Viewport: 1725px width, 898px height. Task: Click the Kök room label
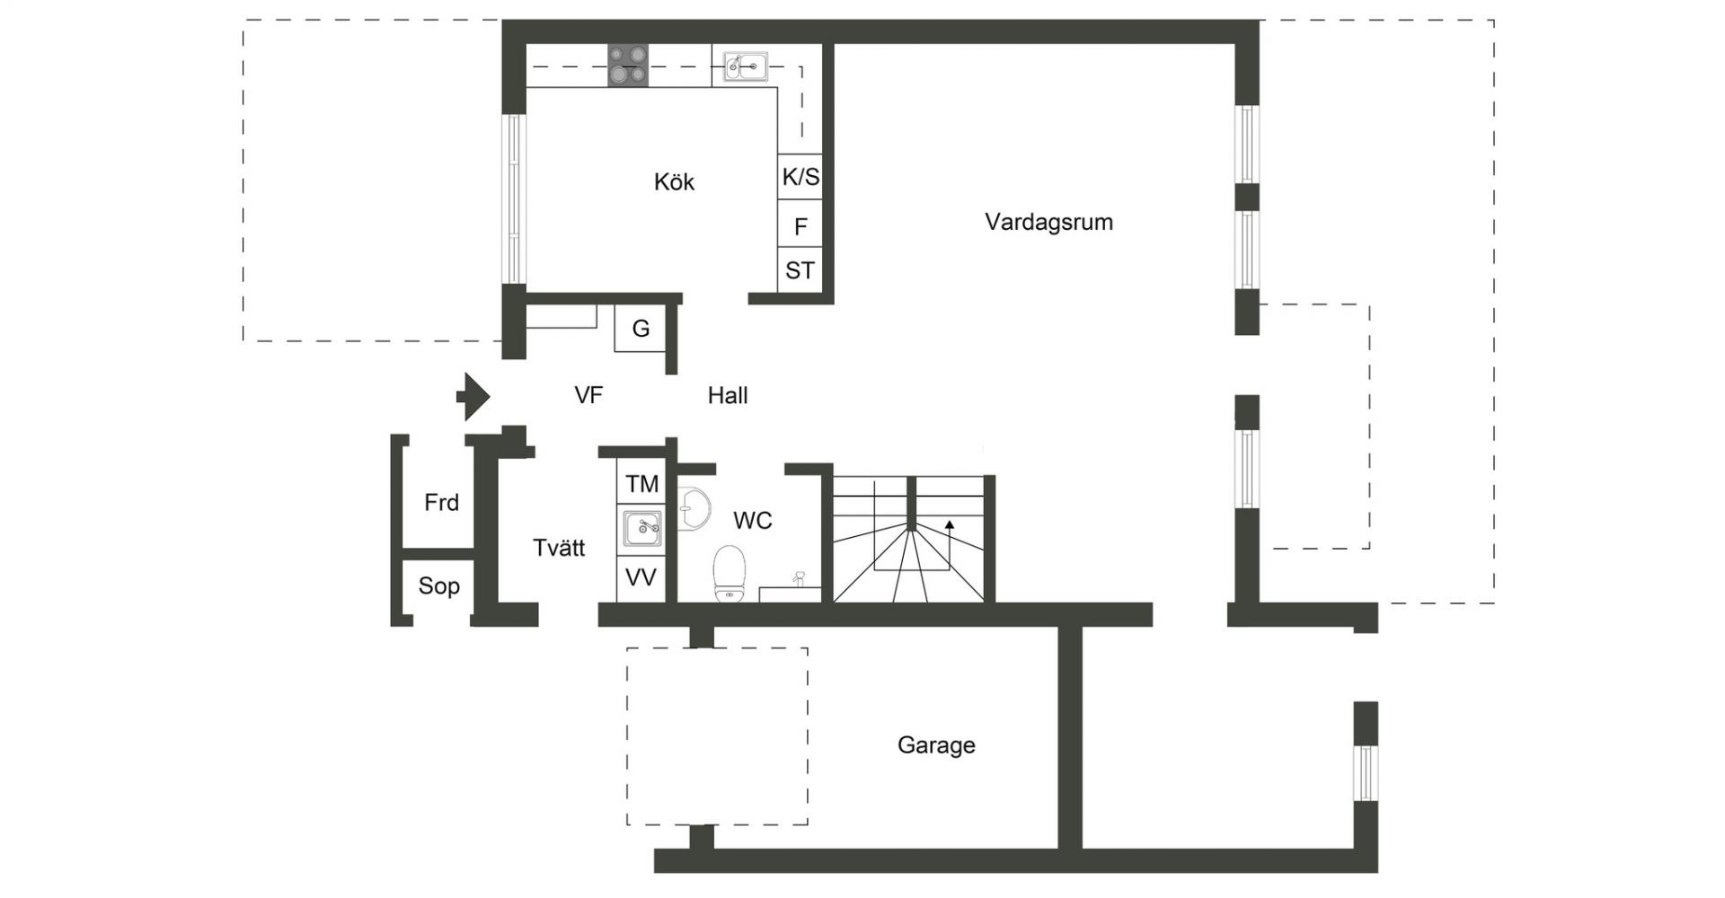click(674, 182)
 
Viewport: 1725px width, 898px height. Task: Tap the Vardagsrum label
click(1048, 222)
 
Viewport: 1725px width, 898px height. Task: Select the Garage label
click(936, 745)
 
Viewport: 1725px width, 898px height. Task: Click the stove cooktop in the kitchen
click(627, 66)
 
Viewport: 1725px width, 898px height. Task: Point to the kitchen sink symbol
click(745, 66)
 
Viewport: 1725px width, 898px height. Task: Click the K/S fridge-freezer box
click(800, 177)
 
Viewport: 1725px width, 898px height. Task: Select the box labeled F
click(800, 224)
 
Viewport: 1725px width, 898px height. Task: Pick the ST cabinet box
click(800, 270)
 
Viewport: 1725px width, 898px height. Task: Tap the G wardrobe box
click(640, 329)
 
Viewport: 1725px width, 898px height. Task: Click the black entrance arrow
click(473, 396)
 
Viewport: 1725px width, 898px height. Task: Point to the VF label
click(588, 395)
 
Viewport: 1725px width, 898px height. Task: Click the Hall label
click(728, 395)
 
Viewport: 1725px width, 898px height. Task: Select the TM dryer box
click(641, 483)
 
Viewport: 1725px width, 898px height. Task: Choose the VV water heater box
click(641, 577)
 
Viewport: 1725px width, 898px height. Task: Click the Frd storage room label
click(441, 503)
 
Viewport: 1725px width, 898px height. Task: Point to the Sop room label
click(438, 586)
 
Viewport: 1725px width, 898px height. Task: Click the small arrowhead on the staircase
click(950, 525)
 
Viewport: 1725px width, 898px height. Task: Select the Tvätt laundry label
click(559, 548)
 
